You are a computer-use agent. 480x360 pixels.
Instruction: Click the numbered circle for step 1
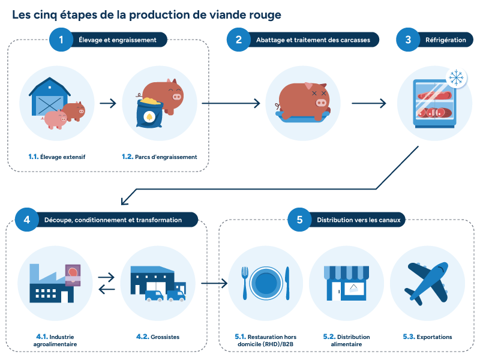pyautogui.click(x=61, y=40)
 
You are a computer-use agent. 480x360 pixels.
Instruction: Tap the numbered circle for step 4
pyautogui.click(x=27, y=220)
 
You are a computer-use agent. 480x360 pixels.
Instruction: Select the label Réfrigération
pyautogui.click(x=445, y=40)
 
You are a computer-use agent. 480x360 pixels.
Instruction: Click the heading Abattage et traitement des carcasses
pyautogui.click(x=313, y=40)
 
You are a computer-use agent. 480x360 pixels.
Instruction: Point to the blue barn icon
pyautogui.click(x=49, y=97)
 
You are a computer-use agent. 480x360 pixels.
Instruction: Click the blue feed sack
pyautogui.click(x=149, y=112)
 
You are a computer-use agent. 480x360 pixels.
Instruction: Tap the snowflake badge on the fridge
pyautogui.click(x=456, y=78)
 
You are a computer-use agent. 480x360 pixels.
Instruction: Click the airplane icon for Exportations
pyautogui.click(x=427, y=283)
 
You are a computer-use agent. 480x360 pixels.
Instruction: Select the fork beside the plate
pyautogui.click(x=245, y=283)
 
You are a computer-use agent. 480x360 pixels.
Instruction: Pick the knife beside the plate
pyautogui.click(x=287, y=283)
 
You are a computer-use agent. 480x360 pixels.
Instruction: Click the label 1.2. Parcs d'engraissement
pyautogui.click(x=159, y=157)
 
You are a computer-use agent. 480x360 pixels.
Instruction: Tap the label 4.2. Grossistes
pyautogui.click(x=158, y=337)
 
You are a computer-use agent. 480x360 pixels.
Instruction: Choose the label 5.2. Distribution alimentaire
pyautogui.click(x=346, y=340)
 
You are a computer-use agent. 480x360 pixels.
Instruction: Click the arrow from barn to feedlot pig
pyautogui.click(x=108, y=103)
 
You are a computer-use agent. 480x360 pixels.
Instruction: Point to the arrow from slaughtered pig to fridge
pyautogui.click(x=368, y=103)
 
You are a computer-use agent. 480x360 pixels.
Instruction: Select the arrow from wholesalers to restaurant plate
pyautogui.click(x=214, y=283)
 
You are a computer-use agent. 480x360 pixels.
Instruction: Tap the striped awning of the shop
pyautogui.click(x=346, y=272)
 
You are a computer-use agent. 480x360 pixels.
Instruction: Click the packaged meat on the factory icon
pyautogui.click(x=73, y=275)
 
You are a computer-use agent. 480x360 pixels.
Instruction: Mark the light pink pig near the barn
pyautogui.click(x=55, y=119)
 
